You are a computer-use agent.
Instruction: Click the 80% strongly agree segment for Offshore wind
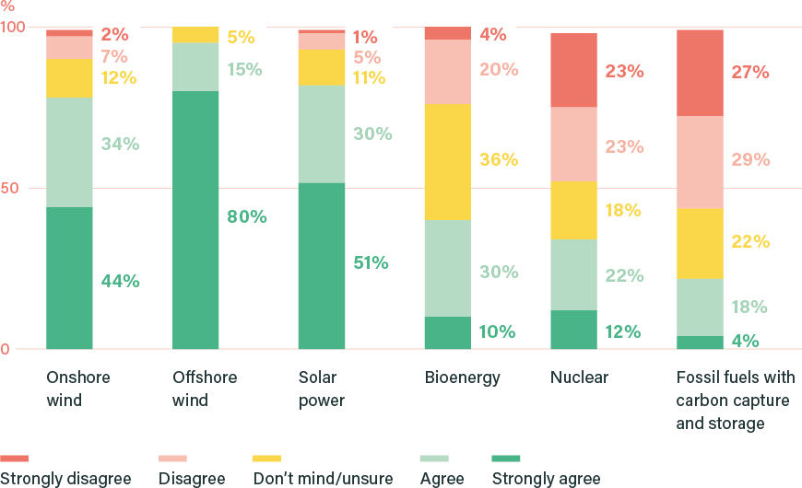coord(196,220)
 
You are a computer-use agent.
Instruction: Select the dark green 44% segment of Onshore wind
coord(70,278)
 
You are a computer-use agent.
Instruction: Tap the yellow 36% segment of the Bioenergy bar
coord(447,162)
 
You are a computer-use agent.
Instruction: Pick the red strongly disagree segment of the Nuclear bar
coord(572,70)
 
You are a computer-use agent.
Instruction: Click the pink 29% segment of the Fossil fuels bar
coord(699,162)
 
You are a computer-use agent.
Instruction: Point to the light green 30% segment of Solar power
coord(322,134)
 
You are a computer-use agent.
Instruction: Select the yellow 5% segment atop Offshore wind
coord(196,36)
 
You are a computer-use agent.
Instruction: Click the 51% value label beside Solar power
coord(371,263)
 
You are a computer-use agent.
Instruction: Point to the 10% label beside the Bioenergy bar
coord(498,332)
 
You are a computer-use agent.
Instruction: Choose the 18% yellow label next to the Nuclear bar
coord(622,211)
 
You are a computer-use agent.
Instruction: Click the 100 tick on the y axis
coord(12,28)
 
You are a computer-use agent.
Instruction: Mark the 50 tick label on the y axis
coord(9,188)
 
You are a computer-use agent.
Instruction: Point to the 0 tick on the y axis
coord(6,349)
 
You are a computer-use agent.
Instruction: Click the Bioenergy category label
coord(462,378)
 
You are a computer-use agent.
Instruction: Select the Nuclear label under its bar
coord(579,378)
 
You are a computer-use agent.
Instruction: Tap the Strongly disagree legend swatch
coord(15,458)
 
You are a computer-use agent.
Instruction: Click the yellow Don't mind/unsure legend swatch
coord(265,458)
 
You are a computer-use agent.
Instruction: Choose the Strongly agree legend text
coord(546,479)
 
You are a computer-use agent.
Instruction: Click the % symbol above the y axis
coord(7,6)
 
